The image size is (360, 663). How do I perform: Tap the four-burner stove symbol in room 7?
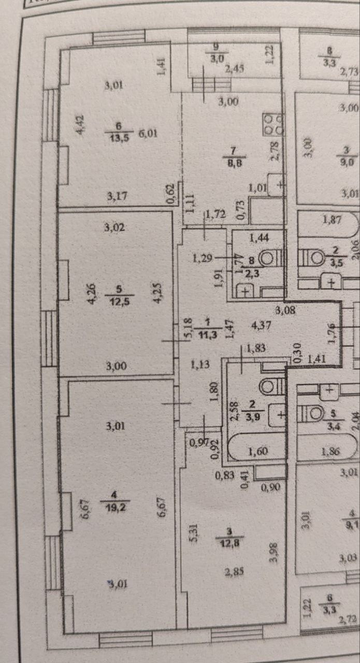tap(273, 123)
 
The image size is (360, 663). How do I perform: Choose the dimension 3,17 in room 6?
tap(117, 196)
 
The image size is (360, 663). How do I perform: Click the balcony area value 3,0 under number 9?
tap(215, 57)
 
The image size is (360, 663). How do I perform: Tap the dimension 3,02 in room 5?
tap(116, 227)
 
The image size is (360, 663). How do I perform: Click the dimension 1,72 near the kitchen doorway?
tap(214, 213)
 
